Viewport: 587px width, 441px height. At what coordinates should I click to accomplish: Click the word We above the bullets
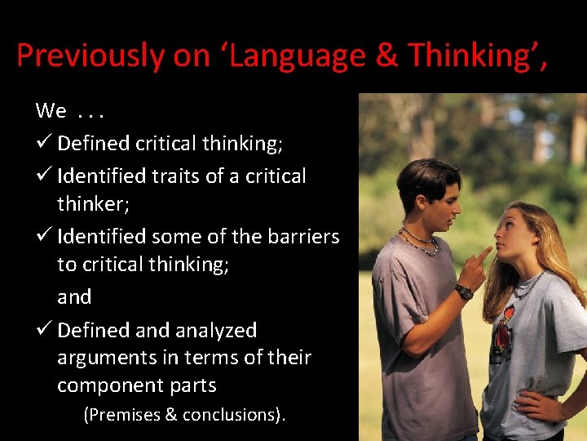pos(50,110)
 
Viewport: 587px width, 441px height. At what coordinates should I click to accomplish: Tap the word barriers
pos(301,237)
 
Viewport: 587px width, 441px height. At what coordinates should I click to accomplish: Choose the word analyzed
pos(215,331)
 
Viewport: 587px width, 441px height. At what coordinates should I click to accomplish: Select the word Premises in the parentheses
pos(122,415)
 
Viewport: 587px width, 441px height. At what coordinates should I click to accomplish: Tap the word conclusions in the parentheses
pos(232,415)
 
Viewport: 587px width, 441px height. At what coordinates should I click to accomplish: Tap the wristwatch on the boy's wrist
pos(464,292)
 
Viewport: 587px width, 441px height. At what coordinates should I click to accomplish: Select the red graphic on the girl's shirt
pos(505,323)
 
